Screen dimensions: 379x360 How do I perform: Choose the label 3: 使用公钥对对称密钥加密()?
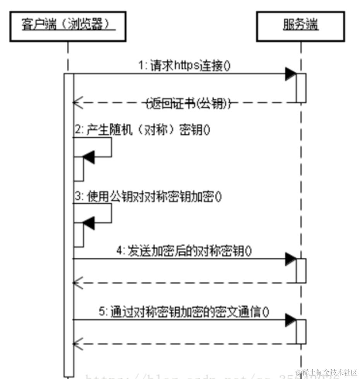click(148, 197)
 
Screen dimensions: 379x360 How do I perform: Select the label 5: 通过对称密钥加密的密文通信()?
click(184, 312)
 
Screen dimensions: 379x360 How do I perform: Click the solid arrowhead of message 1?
click(291, 74)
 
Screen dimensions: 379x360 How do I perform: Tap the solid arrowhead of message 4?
click(291, 259)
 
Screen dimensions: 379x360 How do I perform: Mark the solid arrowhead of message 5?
click(291, 320)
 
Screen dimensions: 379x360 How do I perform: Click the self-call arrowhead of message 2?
click(89, 157)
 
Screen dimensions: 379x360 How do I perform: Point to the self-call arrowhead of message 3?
click(89, 223)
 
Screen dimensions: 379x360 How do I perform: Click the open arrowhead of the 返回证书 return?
click(77, 103)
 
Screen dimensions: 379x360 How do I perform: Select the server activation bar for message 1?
click(301, 88)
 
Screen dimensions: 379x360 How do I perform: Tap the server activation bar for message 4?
click(301, 270)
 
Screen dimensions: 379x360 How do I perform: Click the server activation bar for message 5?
click(301, 331)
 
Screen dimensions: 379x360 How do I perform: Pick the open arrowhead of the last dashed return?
click(77, 343)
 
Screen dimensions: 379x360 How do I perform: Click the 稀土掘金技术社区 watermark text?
click(329, 372)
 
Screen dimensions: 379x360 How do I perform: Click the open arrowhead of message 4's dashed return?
click(77, 283)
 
